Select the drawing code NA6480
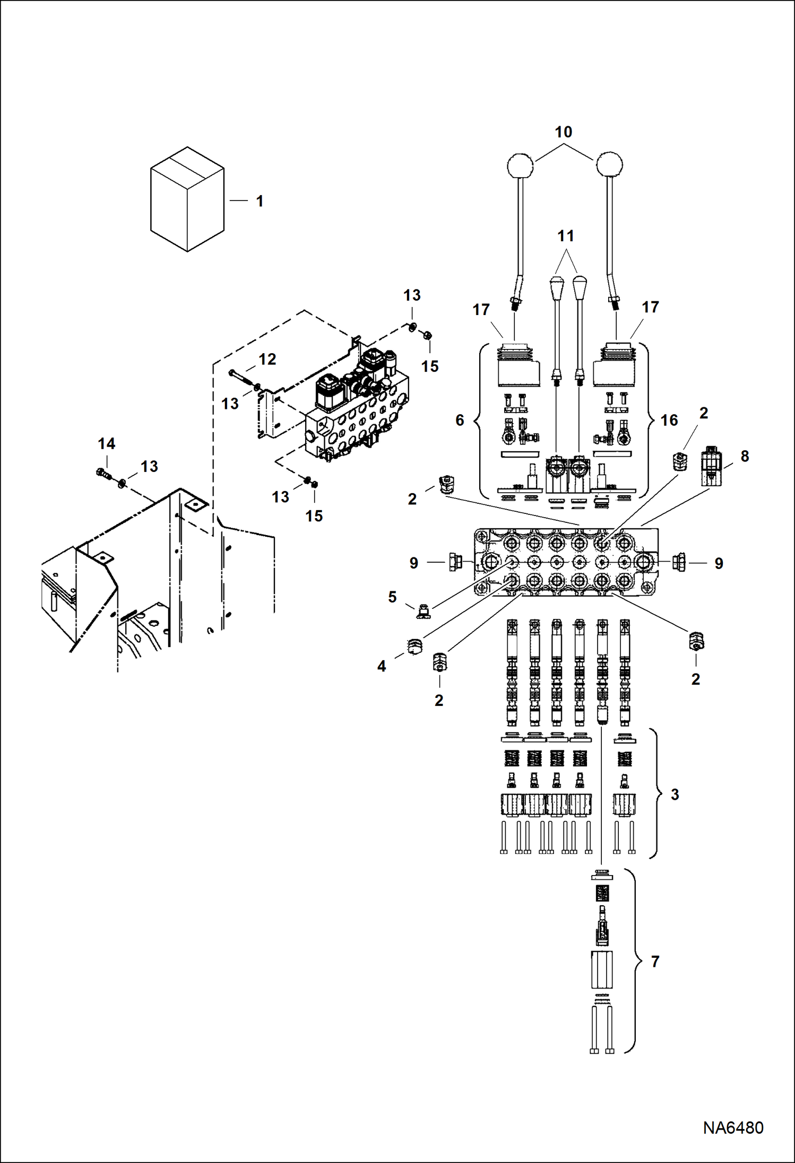click(733, 1127)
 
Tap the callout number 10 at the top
click(563, 132)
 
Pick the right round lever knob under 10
click(609, 164)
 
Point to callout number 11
click(566, 236)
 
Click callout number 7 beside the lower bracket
click(655, 961)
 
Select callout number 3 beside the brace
click(675, 794)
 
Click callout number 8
click(745, 456)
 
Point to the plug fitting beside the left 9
click(455, 562)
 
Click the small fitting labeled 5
click(423, 611)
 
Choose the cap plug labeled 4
click(414, 646)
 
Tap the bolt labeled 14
click(103, 473)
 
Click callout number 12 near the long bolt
click(267, 360)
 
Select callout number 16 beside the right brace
click(669, 421)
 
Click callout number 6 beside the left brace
click(460, 420)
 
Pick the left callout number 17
click(481, 310)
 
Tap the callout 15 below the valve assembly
click(314, 516)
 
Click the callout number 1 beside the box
click(260, 202)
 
